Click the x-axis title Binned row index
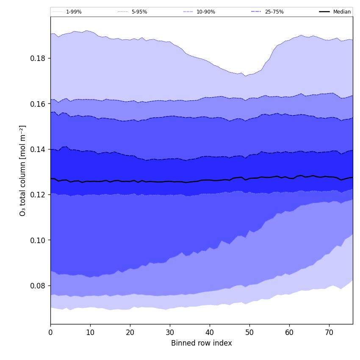coord(202,343)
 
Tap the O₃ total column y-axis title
coord(23,170)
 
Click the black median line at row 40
coord(210,180)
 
